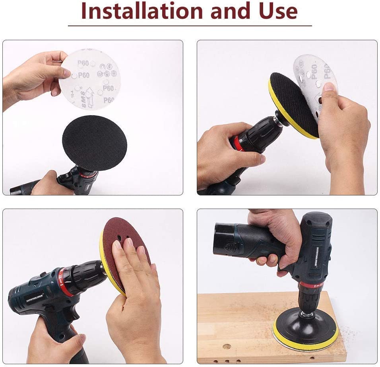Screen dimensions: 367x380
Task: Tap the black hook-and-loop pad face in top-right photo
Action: pyautogui.click(x=294, y=103)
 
